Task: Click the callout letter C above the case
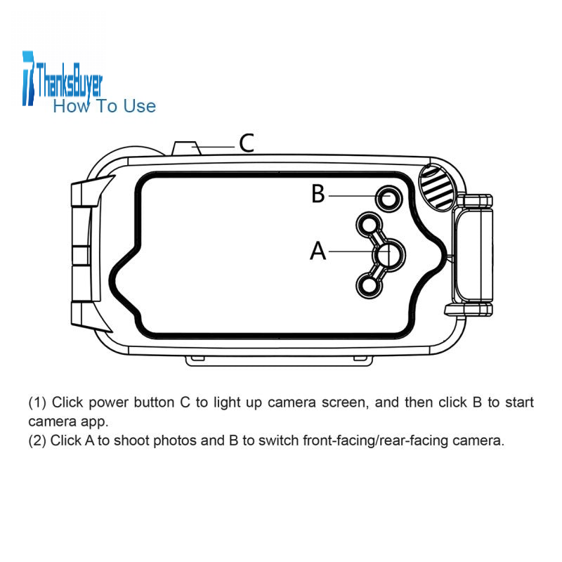click(247, 143)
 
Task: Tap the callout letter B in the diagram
click(318, 194)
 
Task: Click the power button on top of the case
click(187, 148)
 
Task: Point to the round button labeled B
click(389, 198)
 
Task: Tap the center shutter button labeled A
click(390, 254)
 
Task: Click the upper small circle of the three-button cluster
click(369, 225)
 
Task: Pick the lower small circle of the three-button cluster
click(369, 286)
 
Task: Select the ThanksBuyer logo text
click(69, 81)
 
